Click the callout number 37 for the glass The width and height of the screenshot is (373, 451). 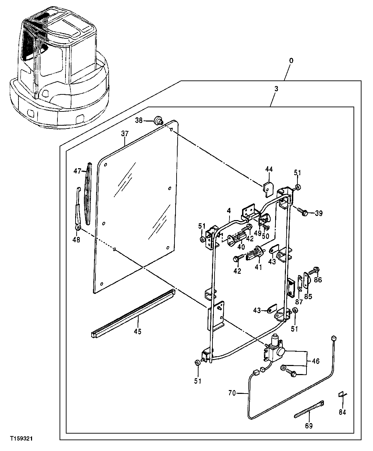(x=125, y=133)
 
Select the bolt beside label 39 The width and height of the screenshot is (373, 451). (x=302, y=211)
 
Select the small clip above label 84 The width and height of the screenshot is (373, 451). (x=341, y=394)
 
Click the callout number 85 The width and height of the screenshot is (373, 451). (x=308, y=296)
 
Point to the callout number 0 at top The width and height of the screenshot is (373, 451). (x=291, y=61)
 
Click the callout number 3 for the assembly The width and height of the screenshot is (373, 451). (x=276, y=89)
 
